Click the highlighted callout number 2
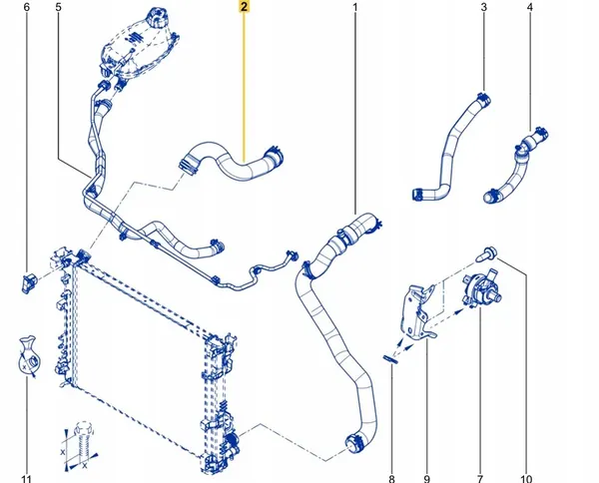click(x=245, y=9)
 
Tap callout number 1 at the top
click(x=354, y=9)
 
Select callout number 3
click(x=483, y=9)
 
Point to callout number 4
click(x=530, y=9)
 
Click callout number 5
click(x=58, y=9)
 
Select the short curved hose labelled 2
click(x=231, y=163)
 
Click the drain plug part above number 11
click(x=28, y=353)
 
